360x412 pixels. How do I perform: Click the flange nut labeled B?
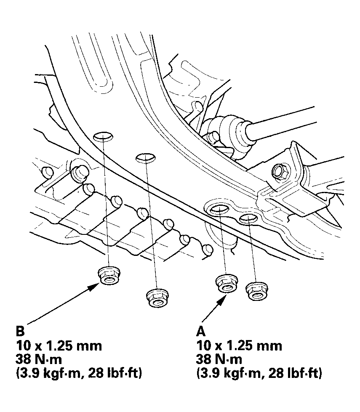tap(109, 276)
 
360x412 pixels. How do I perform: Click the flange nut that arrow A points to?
tap(227, 283)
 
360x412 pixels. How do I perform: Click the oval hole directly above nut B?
tap(103, 136)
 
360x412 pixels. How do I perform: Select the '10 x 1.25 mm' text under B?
tap(59, 346)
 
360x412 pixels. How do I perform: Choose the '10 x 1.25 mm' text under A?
tap(239, 346)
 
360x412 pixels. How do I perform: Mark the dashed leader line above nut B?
tap(106, 202)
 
